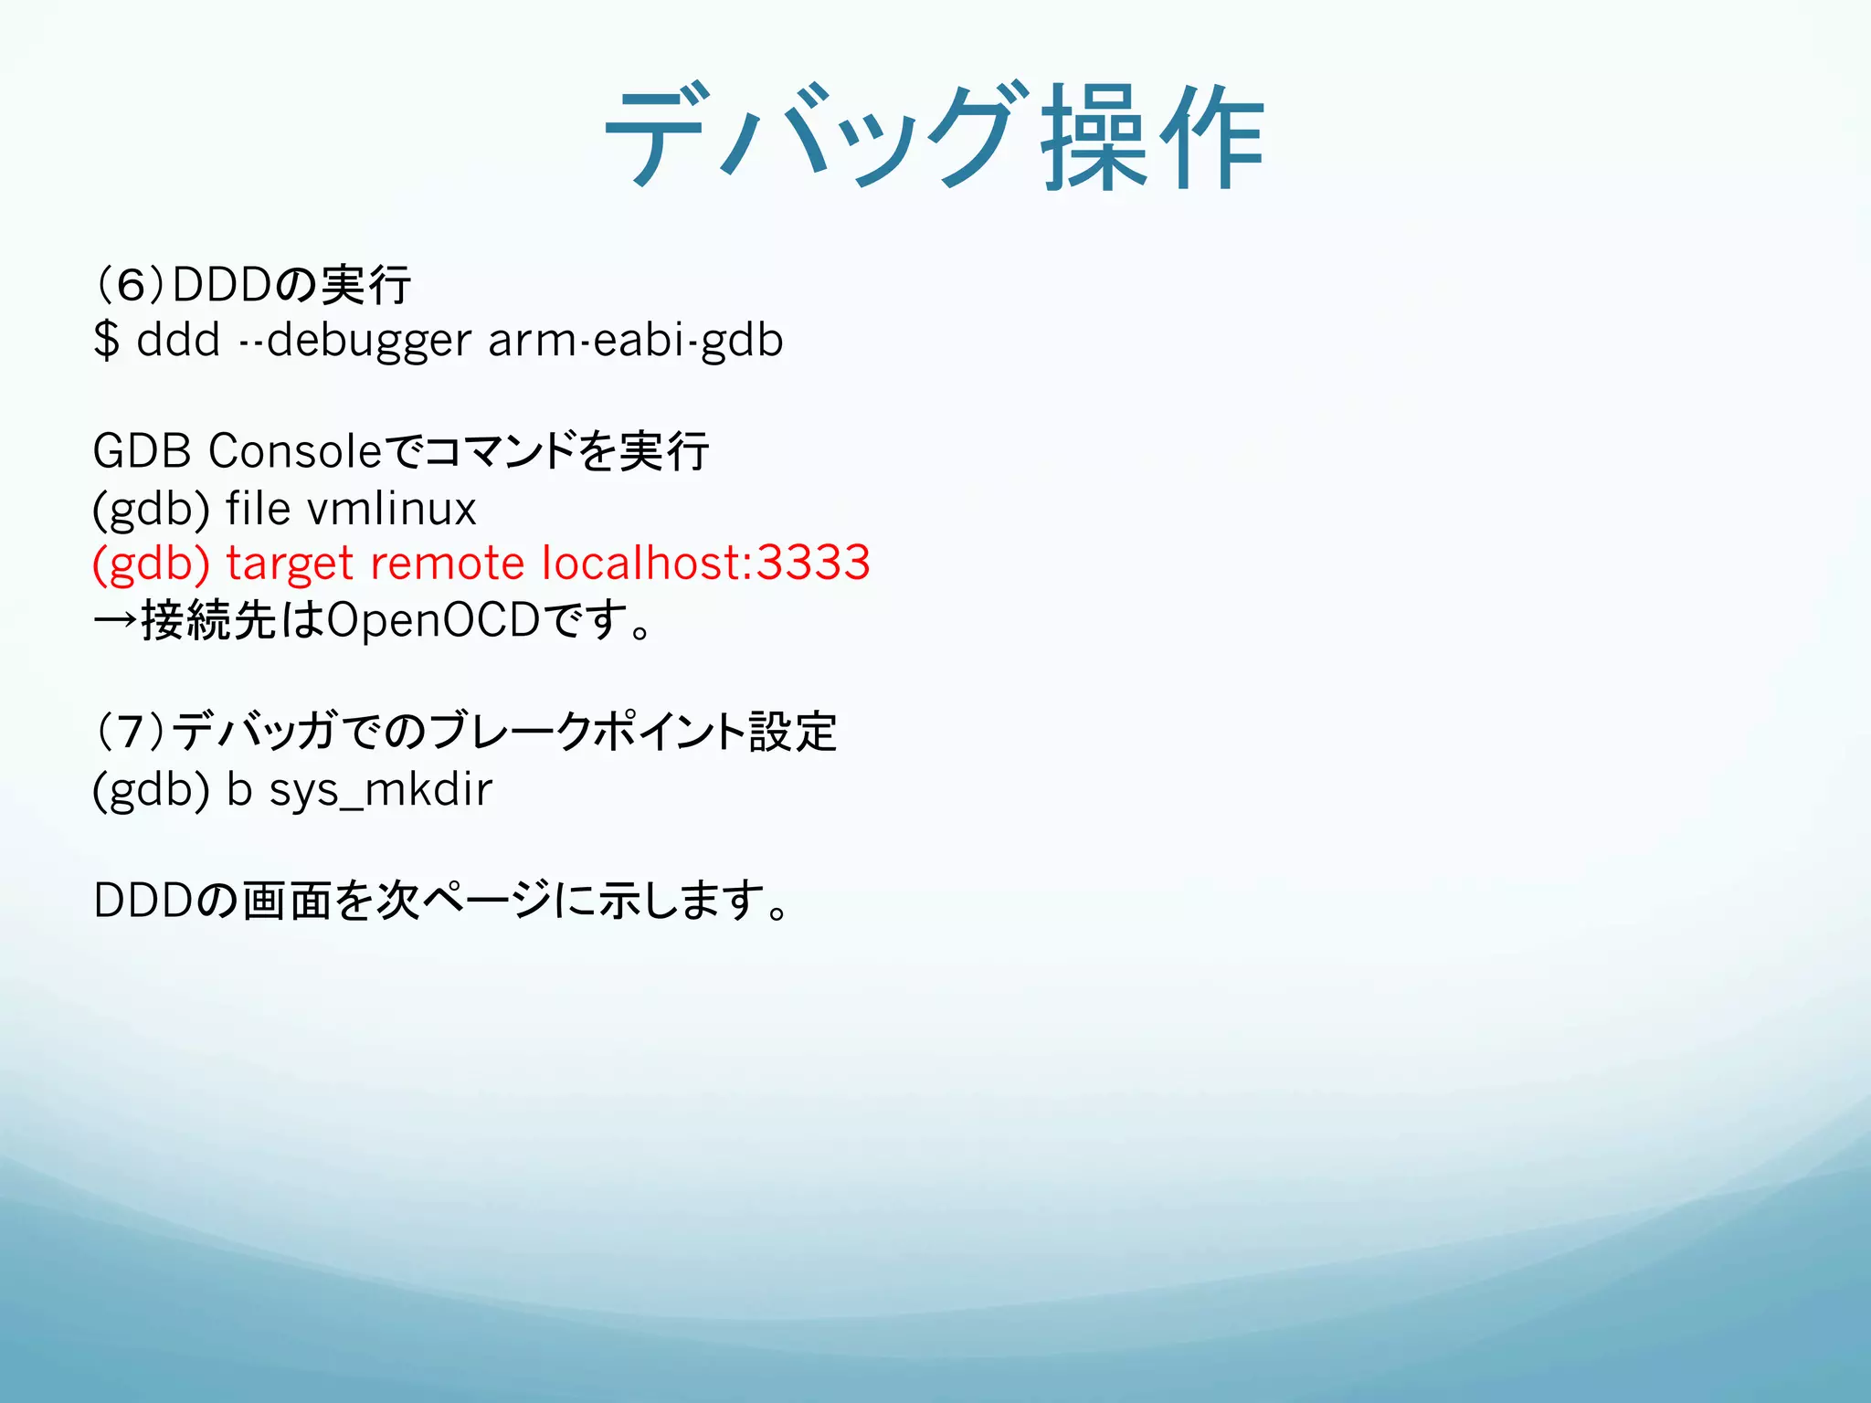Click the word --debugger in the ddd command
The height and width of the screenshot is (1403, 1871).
pyautogui.click(x=354, y=340)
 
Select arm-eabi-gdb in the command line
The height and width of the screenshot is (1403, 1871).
pyautogui.click(x=636, y=340)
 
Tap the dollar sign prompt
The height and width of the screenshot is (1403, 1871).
pyautogui.click(x=107, y=340)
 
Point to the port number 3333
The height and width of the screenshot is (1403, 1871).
pyautogui.click(x=813, y=563)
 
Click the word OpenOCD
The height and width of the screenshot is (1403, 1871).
pyautogui.click(x=433, y=620)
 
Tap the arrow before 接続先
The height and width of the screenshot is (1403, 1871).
pyautogui.click(x=115, y=620)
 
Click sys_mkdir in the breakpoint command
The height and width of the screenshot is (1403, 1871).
pyautogui.click(x=381, y=789)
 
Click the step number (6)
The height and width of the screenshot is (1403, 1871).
pyautogui.click(x=130, y=284)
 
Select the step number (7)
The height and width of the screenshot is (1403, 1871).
pyautogui.click(x=130, y=732)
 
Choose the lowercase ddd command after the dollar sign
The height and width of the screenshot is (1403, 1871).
pyautogui.click(x=178, y=340)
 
